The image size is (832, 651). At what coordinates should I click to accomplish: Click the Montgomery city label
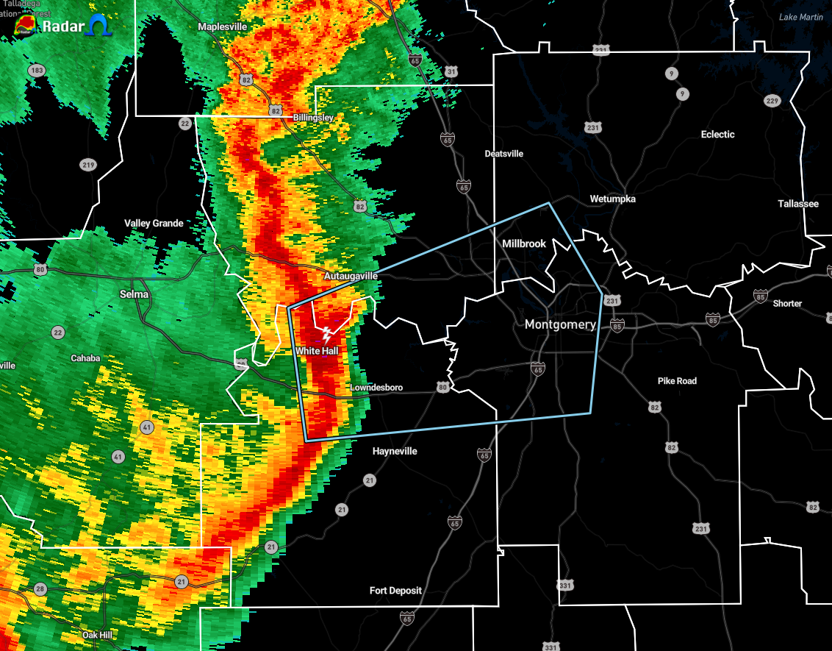[x=559, y=325]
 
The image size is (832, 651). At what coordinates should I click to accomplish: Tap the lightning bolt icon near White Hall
[x=327, y=335]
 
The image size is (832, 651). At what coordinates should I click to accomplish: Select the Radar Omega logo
[x=62, y=27]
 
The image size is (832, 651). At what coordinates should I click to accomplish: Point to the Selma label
[x=135, y=294]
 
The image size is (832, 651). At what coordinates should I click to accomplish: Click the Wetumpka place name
[x=612, y=199]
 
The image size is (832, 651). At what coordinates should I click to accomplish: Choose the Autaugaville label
[x=351, y=276]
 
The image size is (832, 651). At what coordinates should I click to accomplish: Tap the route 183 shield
[x=36, y=70]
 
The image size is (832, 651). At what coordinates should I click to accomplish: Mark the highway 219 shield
[x=88, y=165]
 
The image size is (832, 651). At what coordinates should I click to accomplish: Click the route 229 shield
[x=771, y=101]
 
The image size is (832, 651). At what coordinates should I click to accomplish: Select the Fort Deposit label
[x=395, y=591]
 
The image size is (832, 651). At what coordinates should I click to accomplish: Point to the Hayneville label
[x=395, y=451]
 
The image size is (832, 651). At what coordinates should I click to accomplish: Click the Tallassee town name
[x=798, y=204]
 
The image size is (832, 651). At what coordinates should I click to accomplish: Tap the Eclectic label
[x=717, y=135]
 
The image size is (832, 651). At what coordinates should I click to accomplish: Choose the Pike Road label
[x=677, y=381]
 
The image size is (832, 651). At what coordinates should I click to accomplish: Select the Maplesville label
[x=223, y=26]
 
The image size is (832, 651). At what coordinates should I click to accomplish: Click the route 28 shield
[x=40, y=589]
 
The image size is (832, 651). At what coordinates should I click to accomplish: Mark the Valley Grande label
[x=154, y=224]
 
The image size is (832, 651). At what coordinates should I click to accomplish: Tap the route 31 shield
[x=451, y=71]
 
